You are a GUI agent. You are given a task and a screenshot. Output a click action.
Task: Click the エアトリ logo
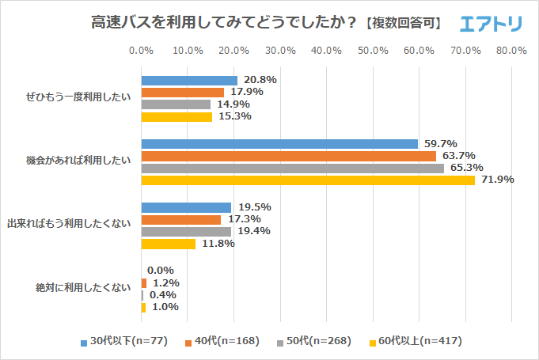[x=491, y=23]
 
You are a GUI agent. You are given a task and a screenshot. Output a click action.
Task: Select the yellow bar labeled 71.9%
[x=308, y=180]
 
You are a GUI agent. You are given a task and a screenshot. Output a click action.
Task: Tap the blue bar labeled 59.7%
[x=279, y=144]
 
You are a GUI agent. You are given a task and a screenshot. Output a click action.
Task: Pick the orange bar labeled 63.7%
[x=289, y=156]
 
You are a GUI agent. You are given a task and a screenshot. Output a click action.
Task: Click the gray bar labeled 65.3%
[x=292, y=168]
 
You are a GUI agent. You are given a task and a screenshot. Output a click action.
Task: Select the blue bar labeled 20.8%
[x=189, y=81]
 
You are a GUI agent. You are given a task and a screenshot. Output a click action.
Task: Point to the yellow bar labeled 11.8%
[x=168, y=244]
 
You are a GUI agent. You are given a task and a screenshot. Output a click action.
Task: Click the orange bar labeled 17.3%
[x=180, y=219]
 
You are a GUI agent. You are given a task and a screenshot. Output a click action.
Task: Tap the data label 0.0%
[x=161, y=271]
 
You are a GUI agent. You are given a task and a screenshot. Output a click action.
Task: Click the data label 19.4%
[x=254, y=231]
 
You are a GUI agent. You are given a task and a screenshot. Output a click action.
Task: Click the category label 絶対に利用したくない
[x=83, y=288]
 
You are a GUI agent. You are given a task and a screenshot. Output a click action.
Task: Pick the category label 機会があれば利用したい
[x=78, y=161]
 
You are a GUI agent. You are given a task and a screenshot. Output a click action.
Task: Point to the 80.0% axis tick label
[x=511, y=51]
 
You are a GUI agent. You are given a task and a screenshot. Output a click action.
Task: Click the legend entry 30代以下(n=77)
[x=127, y=342]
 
